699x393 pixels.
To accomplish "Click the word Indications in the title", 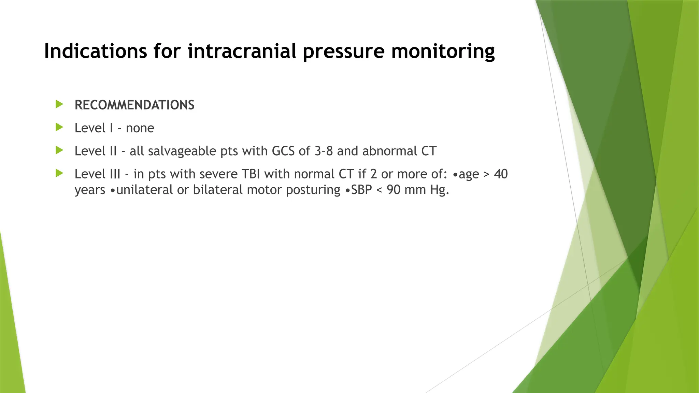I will (95, 51).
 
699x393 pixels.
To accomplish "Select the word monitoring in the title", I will (443, 51).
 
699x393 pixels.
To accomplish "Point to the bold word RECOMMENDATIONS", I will (134, 105).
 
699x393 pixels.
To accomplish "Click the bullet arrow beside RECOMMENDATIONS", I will (59, 104).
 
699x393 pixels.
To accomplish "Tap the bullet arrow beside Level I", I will (59, 128).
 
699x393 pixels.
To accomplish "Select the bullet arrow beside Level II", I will (59, 150).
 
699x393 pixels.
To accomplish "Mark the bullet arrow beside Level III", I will (59, 173).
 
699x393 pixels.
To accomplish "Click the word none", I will (140, 128).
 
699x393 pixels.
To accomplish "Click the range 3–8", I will (324, 151).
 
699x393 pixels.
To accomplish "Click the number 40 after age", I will (501, 174).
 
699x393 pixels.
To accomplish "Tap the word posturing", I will (313, 190).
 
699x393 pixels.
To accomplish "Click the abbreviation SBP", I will (361, 190).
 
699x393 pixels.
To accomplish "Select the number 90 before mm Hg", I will (394, 190).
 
